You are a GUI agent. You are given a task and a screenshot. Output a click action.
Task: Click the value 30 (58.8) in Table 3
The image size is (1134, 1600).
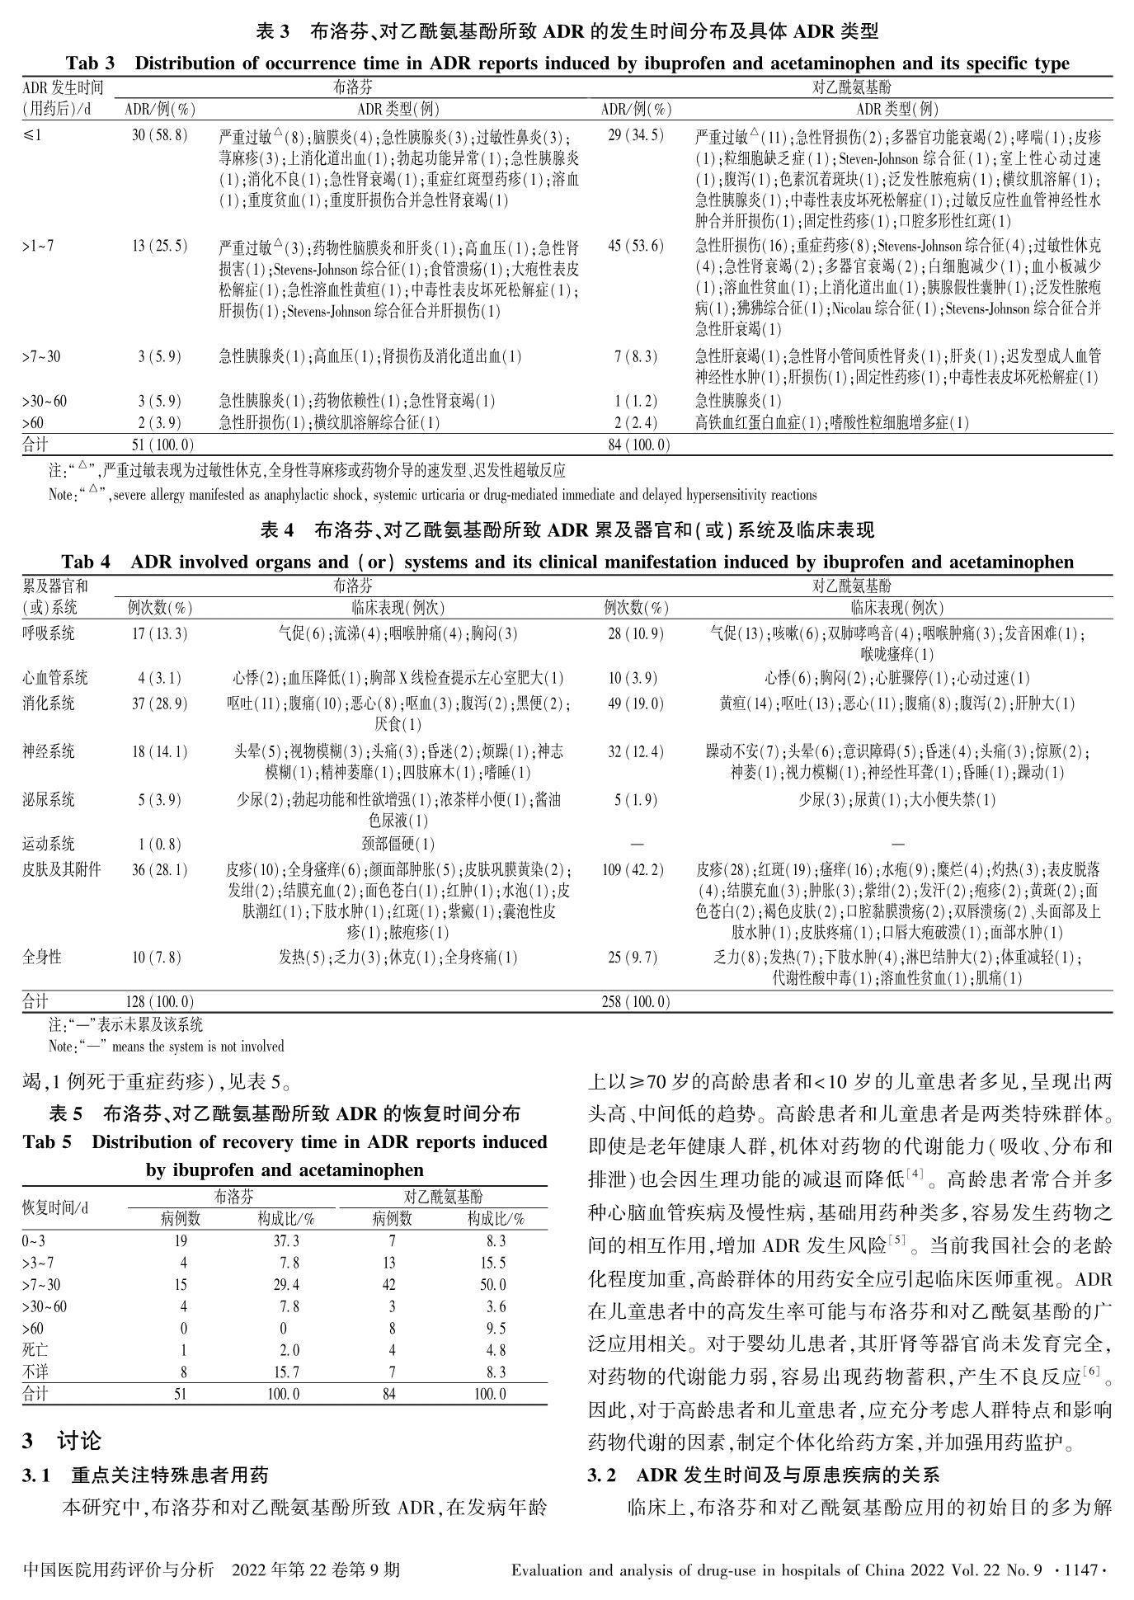coord(159,135)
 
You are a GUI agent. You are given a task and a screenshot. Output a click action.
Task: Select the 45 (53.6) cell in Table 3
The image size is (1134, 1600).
coord(634,246)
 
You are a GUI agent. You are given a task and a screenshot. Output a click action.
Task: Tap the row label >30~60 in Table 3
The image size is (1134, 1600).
coord(45,402)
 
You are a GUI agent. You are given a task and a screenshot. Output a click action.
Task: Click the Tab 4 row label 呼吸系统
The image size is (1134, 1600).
coord(48,633)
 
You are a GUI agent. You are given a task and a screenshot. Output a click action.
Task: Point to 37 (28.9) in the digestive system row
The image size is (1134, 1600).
coord(158,704)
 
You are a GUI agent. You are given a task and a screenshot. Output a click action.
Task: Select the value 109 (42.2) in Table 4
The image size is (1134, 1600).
coord(635,869)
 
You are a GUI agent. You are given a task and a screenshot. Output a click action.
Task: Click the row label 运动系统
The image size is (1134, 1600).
coord(48,844)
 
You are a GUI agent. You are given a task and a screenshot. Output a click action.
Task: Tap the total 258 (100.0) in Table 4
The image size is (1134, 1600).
coord(637,1002)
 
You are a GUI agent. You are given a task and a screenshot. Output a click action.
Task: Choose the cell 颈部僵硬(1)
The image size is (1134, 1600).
coord(398,844)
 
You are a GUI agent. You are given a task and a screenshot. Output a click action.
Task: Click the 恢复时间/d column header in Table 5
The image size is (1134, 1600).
coord(54,1207)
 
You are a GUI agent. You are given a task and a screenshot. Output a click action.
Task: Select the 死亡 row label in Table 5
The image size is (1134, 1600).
coord(35,1350)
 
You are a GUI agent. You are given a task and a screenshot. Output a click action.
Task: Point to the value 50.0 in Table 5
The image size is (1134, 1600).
coord(492,1284)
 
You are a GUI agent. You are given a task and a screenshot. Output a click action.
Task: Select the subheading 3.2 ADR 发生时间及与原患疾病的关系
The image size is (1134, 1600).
coord(763,1475)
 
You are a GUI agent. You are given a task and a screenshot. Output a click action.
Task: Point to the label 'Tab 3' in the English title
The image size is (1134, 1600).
coord(92,64)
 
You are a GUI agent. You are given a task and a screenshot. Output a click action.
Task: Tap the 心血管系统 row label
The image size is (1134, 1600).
coord(54,678)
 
